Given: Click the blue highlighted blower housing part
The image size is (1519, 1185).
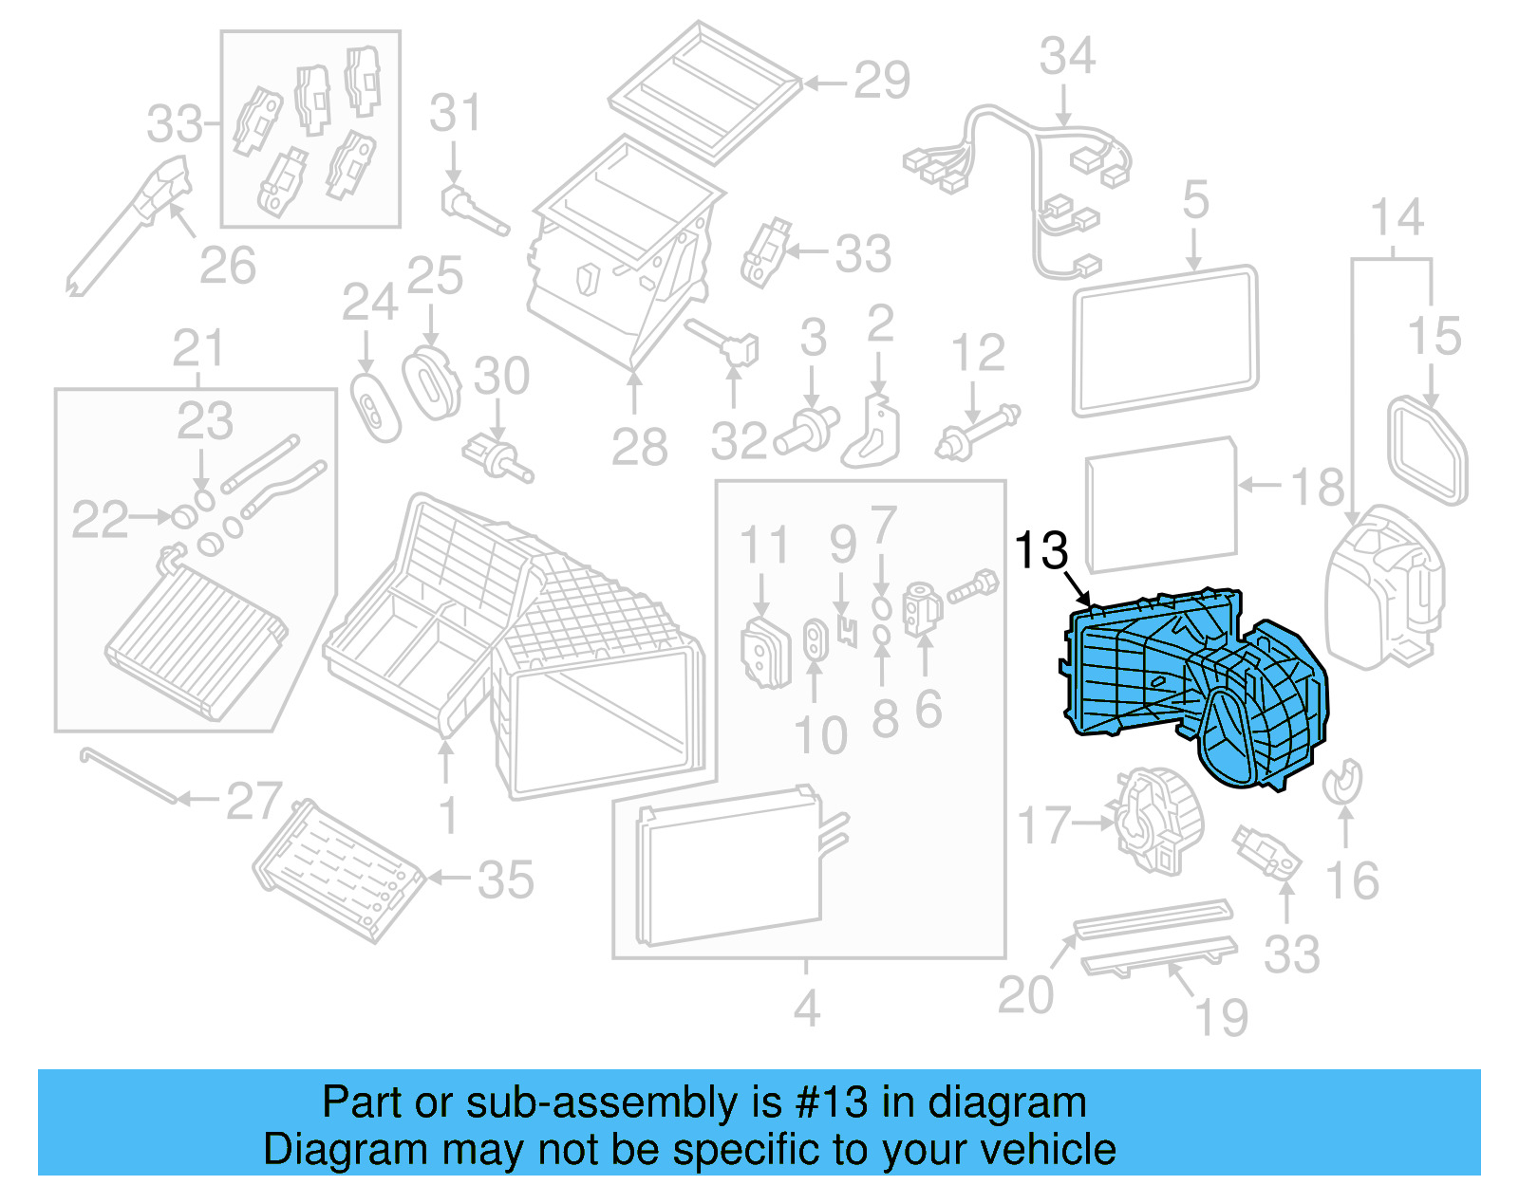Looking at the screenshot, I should coord(1196,683).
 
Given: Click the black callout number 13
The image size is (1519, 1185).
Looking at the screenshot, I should coord(1041,550).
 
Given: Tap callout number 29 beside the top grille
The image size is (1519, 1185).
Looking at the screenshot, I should coord(881,81).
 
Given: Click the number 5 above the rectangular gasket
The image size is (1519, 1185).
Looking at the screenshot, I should coord(1195,200).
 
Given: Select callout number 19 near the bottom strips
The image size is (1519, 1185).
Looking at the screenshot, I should coord(1221,1018).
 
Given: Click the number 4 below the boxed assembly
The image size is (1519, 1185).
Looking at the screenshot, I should coord(806,1009).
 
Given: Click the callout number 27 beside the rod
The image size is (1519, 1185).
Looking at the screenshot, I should coord(253,802).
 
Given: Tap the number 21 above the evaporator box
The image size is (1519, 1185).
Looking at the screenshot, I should coord(198,349).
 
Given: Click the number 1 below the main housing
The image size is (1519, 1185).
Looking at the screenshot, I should coord(448,815).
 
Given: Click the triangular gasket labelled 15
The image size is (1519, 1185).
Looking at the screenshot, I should coord(1428,452).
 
